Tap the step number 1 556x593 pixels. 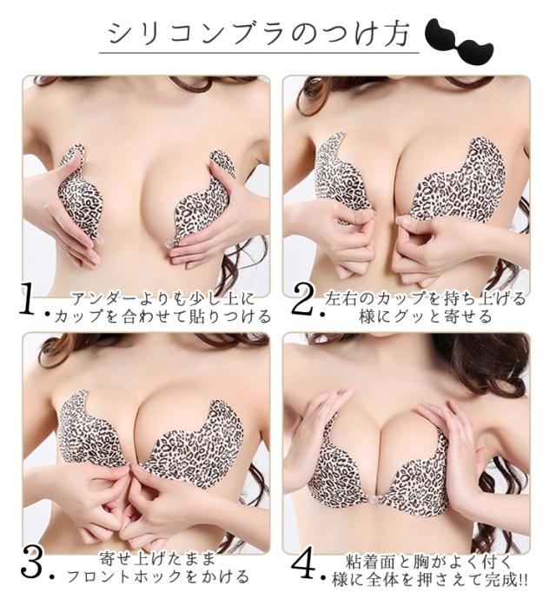click(x=32, y=300)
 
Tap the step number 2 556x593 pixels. click(x=303, y=300)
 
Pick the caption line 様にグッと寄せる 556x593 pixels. click(x=426, y=316)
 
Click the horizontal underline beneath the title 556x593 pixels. click(x=257, y=54)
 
